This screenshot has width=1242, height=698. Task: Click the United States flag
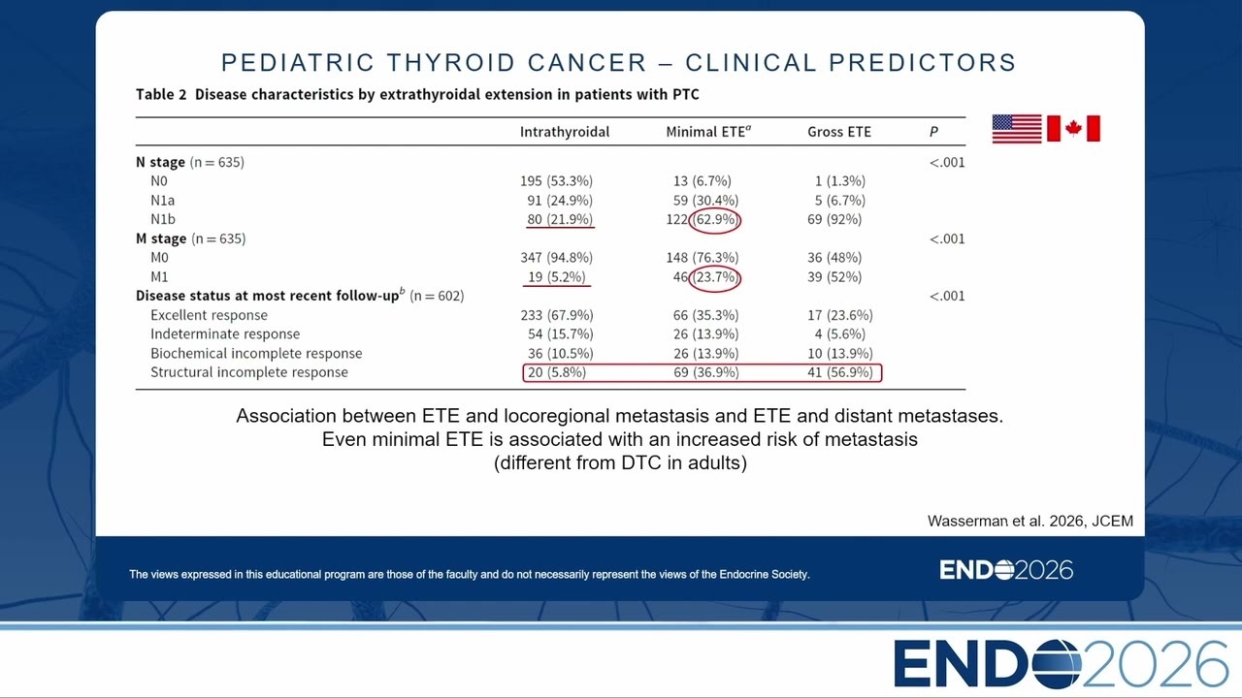pyautogui.click(x=1017, y=129)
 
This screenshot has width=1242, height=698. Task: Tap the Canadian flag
pyautogui.click(x=1073, y=129)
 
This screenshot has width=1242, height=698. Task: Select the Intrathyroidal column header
pyautogui.click(x=565, y=132)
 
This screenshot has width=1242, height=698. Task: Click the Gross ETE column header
pyautogui.click(x=839, y=132)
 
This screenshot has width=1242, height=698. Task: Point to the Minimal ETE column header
pyautogui.click(x=708, y=131)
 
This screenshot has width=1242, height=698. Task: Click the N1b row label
pyautogui.click(x=163, y=219)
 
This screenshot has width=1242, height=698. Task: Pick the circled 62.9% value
pyautogui.click(x=715, y=220)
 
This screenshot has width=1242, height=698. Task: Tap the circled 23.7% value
pyautogui.click(x=715, y=277)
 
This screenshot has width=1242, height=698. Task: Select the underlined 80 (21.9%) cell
pyautogui.click(x=560, y=219)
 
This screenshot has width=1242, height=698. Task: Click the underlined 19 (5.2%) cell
pyautogui.click(x=557, y=277)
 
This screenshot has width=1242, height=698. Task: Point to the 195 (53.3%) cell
pyautogui.click(x=556, y=181)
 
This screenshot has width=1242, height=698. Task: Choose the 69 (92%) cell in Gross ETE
pyautogui.click(x=834, y=219)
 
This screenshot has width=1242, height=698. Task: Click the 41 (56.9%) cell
pyautogui.click(x=840, y=372)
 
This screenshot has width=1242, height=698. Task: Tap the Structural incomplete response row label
pyautogui.click(x=249, y=372)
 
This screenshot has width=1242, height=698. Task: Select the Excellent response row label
pyautogui.click(x=209, y=315)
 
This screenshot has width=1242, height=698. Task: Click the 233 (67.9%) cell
pyautogui.click(x=557, y=315)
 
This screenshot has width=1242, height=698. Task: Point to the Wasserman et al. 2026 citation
pyautogui.click(x=1030, y=522)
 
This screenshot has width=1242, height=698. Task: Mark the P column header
pyautogui.click(x=933, y=132)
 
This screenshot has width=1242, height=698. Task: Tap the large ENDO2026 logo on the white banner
pyautogui.click(x=1061, y=664)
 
